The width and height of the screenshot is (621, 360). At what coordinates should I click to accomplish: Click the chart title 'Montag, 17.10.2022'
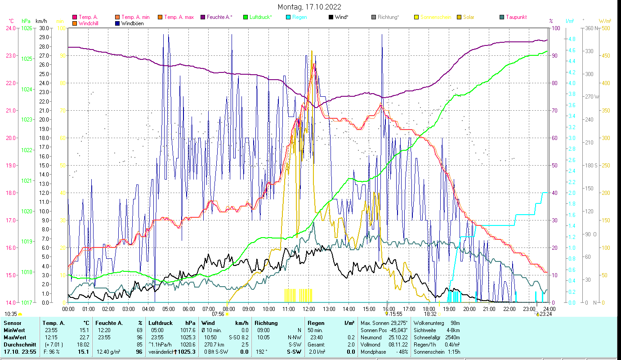pyautogui.click(x=309, y=7)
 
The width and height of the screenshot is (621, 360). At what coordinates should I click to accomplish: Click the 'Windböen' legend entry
pyautogui.click(x=132, y=23)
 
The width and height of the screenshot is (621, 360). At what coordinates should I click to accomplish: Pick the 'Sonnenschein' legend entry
pyautogui.click(x=435, y=17)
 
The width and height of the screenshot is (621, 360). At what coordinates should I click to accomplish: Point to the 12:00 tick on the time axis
pyautogui.click(x=309, y=309)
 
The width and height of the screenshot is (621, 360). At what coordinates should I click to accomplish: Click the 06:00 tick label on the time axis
pyautogui.click(x=188, y=309)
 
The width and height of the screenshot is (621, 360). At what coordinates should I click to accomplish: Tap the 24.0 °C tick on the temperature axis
pyautogui.click(x=10, y=28)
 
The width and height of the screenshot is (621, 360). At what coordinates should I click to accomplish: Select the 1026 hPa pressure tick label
pyautogui.click(x=27, y=28)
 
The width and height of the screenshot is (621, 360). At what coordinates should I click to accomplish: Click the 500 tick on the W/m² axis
pyautogui.click(x=606, y=28)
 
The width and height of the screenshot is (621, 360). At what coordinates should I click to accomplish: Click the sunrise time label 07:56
pyautogui.click(x=218, y=314)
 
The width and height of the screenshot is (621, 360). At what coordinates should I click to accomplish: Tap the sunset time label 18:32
pyautogui.click(x=430, y=314)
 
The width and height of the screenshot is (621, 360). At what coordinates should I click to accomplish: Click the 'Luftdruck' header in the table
pyautogui.click(x=161, y=323)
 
